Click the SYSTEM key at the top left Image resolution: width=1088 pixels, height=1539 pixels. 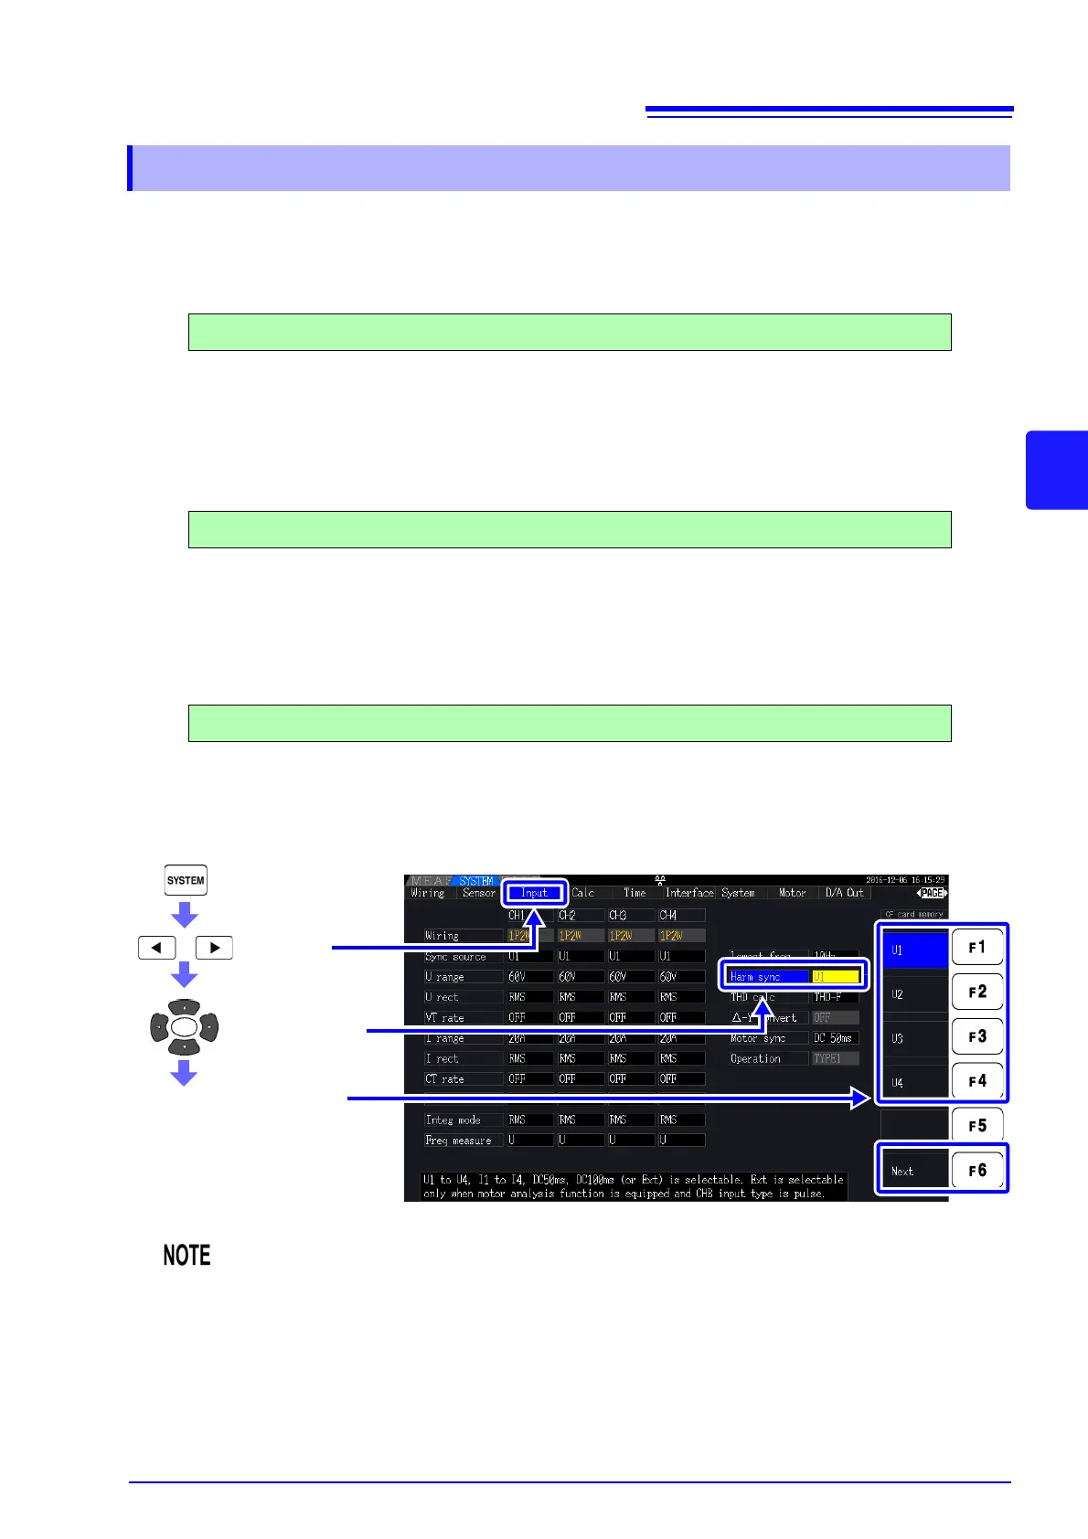click(186, 880)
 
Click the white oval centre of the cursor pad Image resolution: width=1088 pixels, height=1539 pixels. click(184, 1027)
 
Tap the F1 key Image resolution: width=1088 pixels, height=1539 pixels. click(977, 948)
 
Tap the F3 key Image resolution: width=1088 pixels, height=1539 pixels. click(977, 1037)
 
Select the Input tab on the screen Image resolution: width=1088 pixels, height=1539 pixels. click(534, 893)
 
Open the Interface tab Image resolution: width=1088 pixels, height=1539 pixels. click(688, 893)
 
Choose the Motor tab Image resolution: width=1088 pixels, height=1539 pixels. click(792, 893)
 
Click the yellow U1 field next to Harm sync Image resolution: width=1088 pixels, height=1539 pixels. click(836, 977)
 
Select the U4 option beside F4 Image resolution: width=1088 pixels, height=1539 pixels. click(913, 1082)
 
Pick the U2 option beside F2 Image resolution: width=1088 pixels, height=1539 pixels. click(913, 993)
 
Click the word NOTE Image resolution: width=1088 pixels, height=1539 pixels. click(187, 1256)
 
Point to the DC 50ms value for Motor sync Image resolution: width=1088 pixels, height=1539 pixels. click(834, 1038)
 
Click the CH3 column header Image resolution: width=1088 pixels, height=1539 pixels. click(619, 915)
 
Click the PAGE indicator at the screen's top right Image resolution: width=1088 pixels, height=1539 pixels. click(932, 893)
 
